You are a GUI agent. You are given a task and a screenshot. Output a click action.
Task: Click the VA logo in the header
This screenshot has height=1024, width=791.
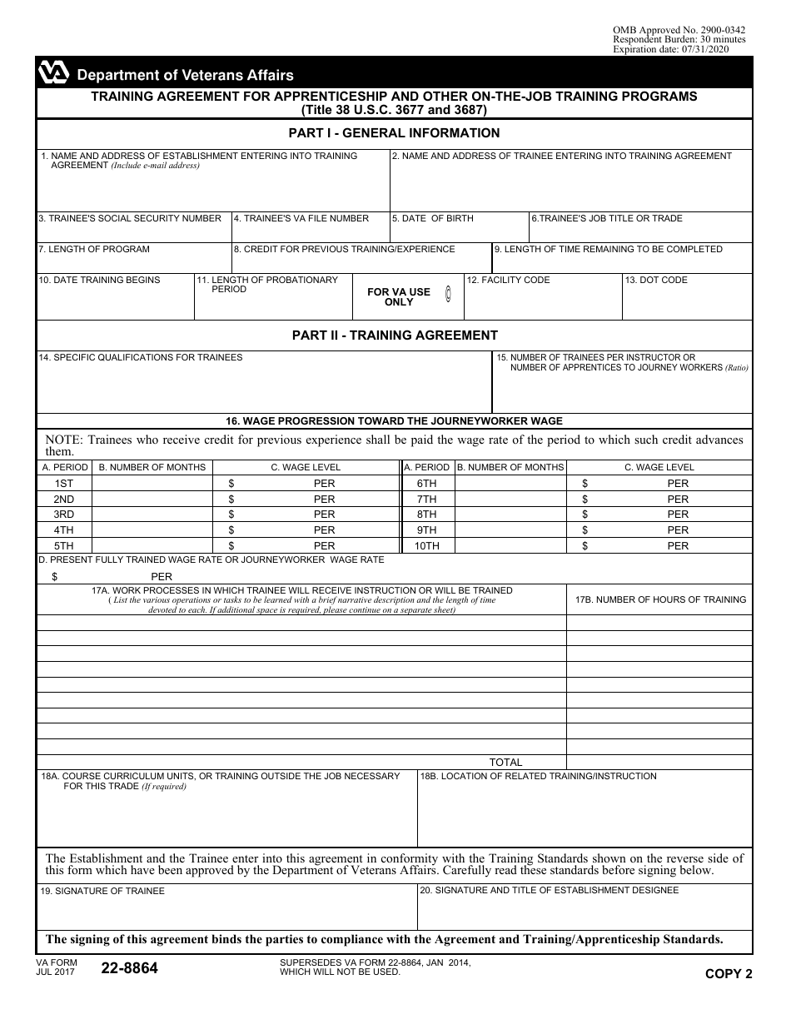(x=53, y=74)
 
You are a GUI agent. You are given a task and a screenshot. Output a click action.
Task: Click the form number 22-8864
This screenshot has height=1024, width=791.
(x=129, y=968)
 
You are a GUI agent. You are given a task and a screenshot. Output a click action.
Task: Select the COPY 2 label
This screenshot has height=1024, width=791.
(x=729, y=973)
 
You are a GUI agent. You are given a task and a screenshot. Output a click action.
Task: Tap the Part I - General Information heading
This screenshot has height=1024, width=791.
(x=394, y=133)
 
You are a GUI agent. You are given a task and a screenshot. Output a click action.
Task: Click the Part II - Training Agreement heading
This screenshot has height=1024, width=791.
(x=394, y=336)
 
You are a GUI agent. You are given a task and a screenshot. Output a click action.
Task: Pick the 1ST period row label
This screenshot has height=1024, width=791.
(x=63, y=484)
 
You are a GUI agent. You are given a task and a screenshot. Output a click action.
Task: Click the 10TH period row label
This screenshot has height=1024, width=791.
(x=427, y=546)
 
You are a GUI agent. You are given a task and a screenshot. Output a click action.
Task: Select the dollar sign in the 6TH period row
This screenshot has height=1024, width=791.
(x=585, y=484)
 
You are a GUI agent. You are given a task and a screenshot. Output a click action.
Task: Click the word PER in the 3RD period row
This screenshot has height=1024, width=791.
(x=324, y=514)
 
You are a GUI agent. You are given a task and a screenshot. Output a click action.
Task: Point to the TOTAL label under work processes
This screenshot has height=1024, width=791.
(x=505, y=762)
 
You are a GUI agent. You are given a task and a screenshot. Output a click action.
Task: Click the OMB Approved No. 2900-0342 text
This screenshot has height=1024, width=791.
(x=679, y=30)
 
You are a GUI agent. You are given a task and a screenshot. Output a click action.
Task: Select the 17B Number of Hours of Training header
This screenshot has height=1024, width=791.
(x=660, y=599)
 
